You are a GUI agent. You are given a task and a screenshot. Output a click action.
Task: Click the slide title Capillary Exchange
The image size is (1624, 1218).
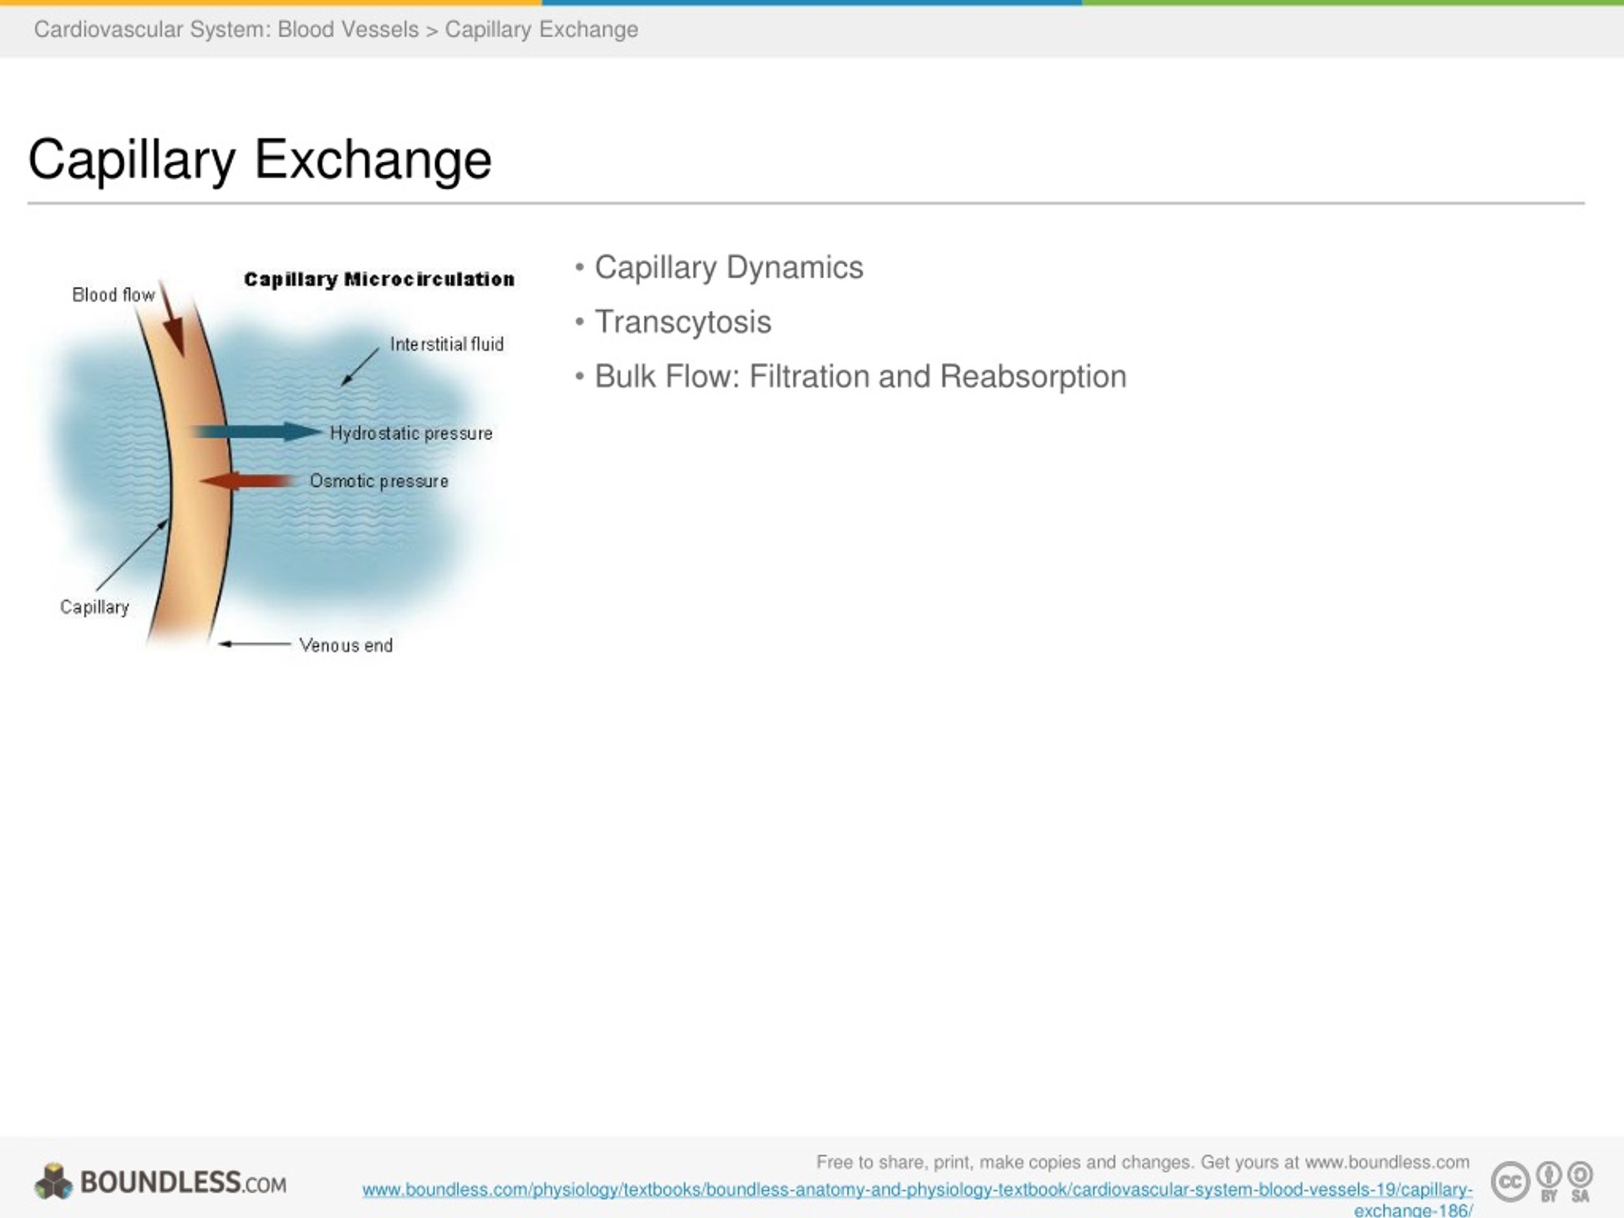tap(259, 159)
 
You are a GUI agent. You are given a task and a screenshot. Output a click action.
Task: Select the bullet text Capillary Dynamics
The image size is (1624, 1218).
tap(728, 267)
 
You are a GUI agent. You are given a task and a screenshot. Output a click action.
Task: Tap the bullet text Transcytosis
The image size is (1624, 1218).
tap(682, 322)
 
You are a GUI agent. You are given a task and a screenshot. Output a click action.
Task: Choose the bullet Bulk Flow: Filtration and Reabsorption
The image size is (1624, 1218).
tap(860, 377)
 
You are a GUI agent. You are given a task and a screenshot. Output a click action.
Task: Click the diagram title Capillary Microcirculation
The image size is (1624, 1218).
tap(379, 280)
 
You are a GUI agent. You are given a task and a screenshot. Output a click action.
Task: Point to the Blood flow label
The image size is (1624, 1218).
tap(113, 295)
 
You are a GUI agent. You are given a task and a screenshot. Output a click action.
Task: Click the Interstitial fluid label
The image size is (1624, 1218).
tap(447, 344)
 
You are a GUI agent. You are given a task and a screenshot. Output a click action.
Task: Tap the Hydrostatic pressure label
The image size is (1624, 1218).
tap(411, 433)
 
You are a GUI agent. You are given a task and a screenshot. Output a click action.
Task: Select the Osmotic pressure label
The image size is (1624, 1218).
tap(379, 481)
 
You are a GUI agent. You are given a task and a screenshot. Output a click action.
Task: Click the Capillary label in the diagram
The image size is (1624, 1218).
tap(95, 607)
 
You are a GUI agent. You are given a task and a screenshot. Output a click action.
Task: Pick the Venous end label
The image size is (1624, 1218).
tap(346, 645)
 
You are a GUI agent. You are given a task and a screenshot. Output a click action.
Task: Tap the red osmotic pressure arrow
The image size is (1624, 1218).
tap(246, 481)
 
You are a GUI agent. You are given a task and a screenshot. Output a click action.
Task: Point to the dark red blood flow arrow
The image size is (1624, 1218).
tap(173, 323)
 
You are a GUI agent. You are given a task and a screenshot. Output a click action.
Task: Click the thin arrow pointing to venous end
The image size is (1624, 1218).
tap(255, 644)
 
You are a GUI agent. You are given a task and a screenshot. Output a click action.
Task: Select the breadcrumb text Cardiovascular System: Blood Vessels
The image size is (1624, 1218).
tap(226, 29)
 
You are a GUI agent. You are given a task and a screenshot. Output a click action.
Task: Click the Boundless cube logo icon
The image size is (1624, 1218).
tap(53, 1181)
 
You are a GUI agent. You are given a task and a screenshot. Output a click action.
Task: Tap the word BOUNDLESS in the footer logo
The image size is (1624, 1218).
tap(160, 1182)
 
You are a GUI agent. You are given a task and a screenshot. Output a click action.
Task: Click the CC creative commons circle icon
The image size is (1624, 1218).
tap(1509, 1181)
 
